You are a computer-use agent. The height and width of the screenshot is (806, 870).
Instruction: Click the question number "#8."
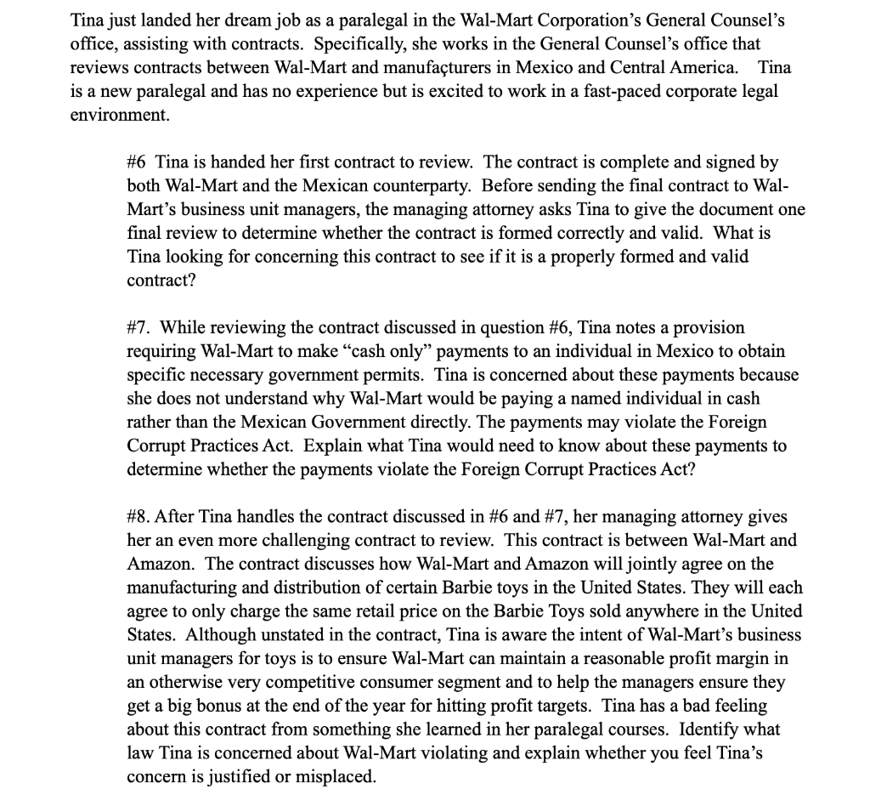[x=140, y=517]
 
